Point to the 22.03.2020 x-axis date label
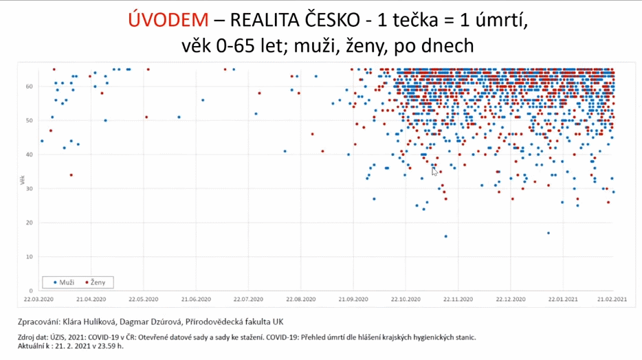coord(38,299)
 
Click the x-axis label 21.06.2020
coord(195,299)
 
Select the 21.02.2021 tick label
coord(612,299)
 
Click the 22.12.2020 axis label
coord(509,299)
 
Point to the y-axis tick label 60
coord(30,87)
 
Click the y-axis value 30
coord(30,189)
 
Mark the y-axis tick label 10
coord(30,257)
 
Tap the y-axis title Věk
coord(23,180)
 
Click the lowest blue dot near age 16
coord(445,236)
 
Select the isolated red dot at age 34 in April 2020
coord(71,175)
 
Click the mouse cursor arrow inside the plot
coord(434,170)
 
